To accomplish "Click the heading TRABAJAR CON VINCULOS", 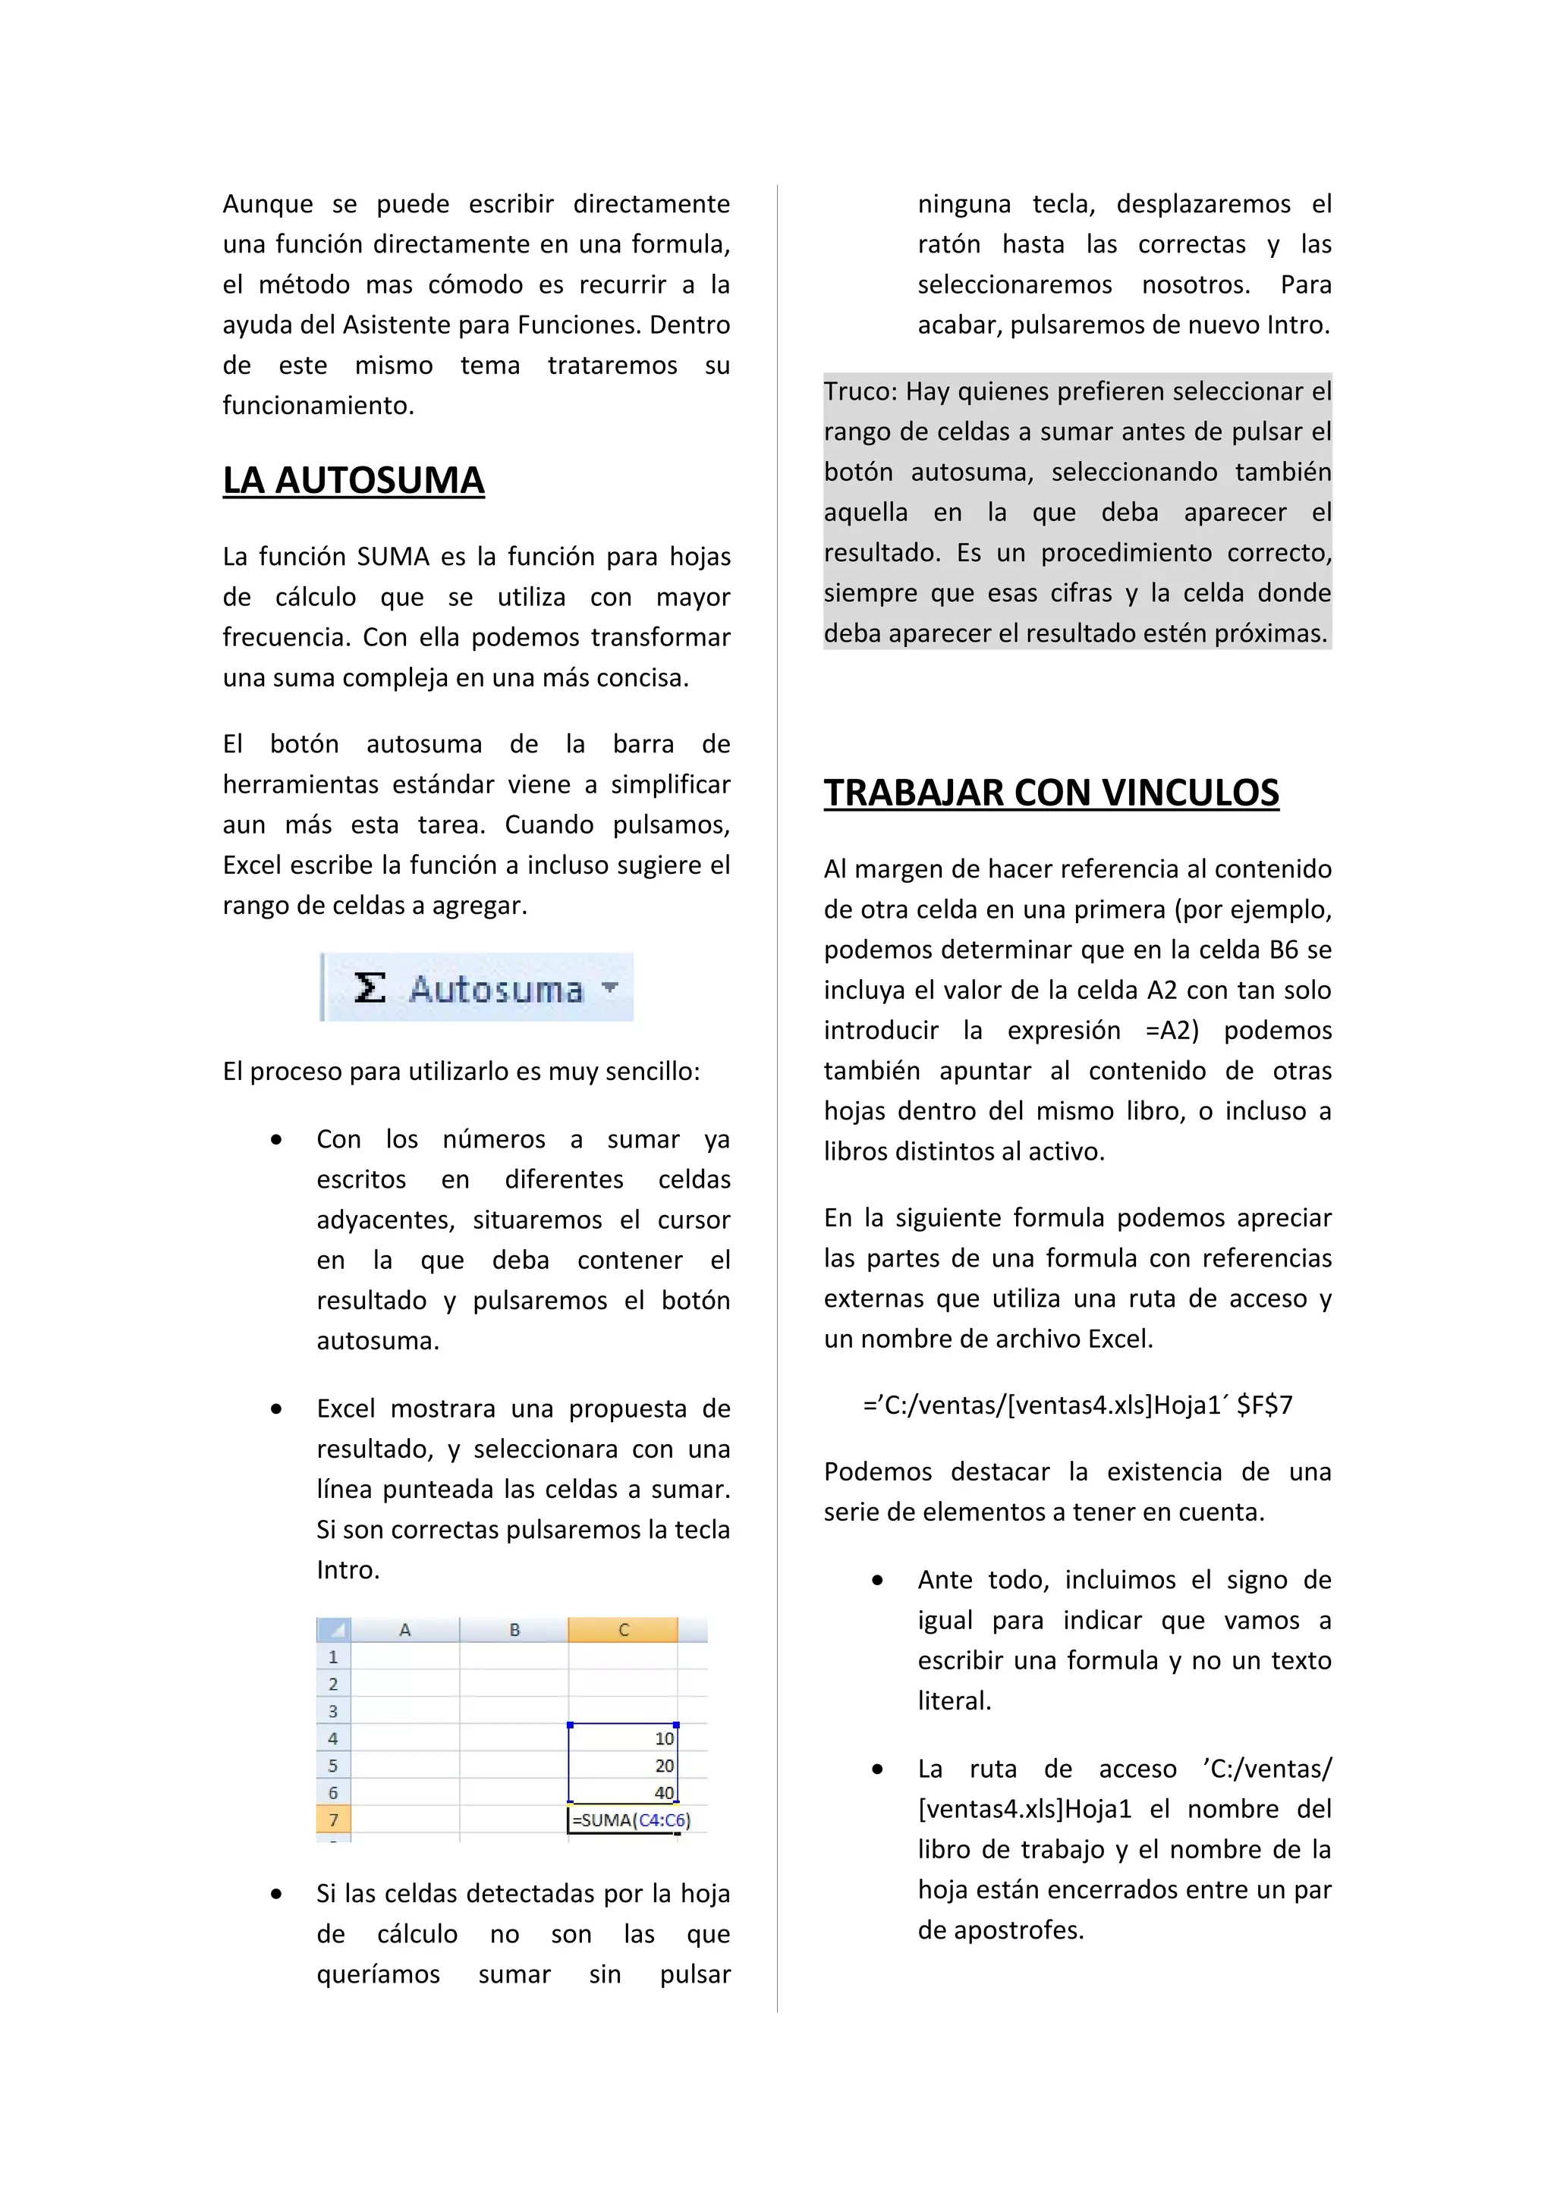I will (x=1050, y=793).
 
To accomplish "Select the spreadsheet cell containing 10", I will (x=623, y=1738).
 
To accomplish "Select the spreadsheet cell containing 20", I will (x=623, y=1764).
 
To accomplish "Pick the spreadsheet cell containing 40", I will (x=623, y=1792).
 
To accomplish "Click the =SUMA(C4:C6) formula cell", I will (x=629, y=1820).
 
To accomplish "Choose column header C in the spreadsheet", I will (x=623, y=1629).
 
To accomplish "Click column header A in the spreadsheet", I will (x=405, y=1629).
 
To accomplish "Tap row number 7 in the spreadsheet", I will (x=333, y=1820).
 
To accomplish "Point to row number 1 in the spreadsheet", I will (x=333, y=1656).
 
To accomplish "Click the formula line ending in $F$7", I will (x=1077, y=1405).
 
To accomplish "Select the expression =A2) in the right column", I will (x=1172, y=1031).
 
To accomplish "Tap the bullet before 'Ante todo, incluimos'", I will (x=877, y=1581).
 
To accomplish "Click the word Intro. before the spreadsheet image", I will (x=348, y=1570).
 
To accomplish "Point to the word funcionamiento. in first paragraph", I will (x=318, y=406).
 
